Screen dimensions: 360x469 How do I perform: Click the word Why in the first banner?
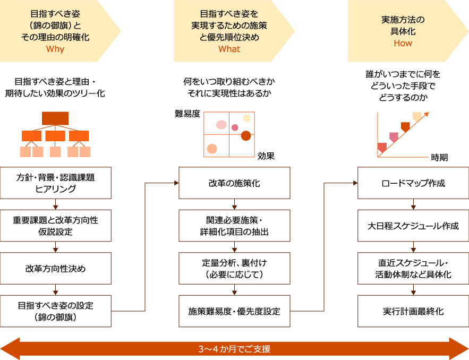point(55,49)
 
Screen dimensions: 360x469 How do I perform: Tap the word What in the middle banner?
point(229,49)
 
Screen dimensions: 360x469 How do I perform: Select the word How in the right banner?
point(403,44)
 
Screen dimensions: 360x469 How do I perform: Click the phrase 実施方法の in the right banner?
point(403,20)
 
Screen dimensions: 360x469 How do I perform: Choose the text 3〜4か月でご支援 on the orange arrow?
point(234,349)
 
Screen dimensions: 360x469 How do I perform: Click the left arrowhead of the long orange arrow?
point(10,349)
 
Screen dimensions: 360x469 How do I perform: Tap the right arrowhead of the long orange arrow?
point(459,349)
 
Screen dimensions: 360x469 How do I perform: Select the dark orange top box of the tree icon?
point(55,118)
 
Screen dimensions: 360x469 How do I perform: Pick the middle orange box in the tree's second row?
point(55,136)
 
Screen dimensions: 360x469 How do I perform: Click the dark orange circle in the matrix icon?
point(245,136)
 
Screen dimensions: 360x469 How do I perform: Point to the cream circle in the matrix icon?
point(246,118)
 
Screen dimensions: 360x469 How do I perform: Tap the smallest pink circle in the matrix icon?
point(235,127)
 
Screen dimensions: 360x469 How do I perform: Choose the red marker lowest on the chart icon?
point(382,147)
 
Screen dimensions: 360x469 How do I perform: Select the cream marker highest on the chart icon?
point(417,116)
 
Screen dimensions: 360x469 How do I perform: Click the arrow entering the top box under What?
point(176,183)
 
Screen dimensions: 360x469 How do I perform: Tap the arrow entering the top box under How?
point(355,183)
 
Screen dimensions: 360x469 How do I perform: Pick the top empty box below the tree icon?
point(55,183)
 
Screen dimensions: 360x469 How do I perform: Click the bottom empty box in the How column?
point(413,311)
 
